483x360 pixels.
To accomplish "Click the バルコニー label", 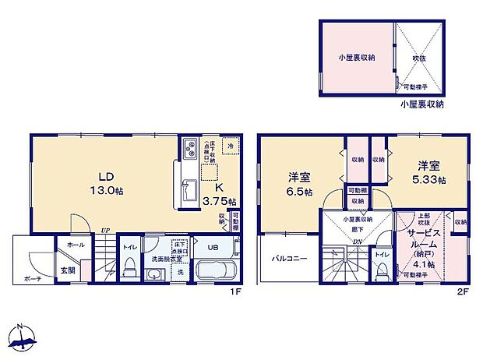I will (x=289, y=257).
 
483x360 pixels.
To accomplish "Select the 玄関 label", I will (x=69, y=270).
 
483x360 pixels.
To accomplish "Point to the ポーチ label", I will (x=32, y=279).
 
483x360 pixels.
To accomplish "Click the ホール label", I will (x=76, y=244).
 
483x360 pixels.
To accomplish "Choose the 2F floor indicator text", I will (x=462, y=293).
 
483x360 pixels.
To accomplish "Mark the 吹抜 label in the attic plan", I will (x=419, y=58).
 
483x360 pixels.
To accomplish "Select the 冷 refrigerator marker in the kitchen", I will (x=230, y=146).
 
